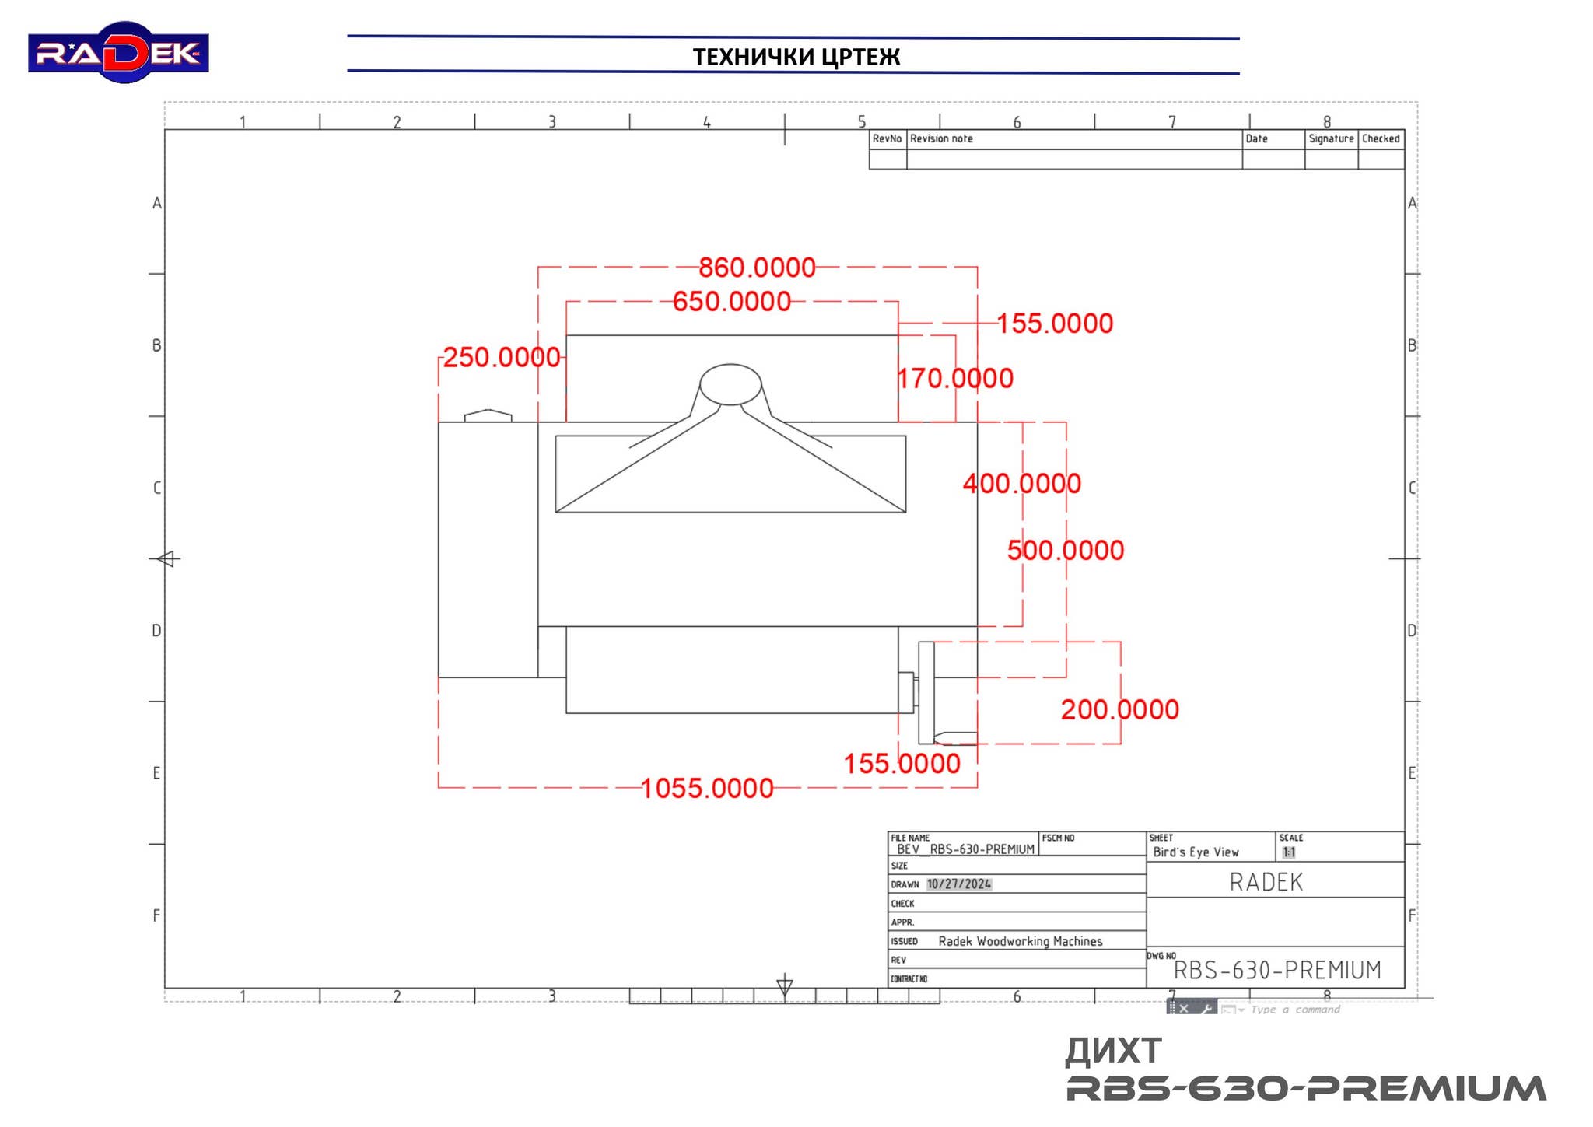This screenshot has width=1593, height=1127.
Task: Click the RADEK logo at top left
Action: coord(118,52)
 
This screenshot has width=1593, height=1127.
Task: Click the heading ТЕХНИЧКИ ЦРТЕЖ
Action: coord(796,57)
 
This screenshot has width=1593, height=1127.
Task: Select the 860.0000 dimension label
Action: coord(756,268)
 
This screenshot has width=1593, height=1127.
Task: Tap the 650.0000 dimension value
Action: coord(731,302)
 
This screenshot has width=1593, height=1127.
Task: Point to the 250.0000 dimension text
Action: coord(501,358)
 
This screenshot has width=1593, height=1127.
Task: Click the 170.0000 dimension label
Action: coord(955,379)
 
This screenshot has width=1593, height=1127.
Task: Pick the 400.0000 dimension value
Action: coord(1021,484)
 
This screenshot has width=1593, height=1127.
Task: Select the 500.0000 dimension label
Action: coord(1065,551)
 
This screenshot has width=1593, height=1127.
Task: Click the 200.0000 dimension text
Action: coord(1119,710)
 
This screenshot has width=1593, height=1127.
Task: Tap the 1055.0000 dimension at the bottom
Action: coord(706,789)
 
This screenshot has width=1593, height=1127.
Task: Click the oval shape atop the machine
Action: coord(730,384)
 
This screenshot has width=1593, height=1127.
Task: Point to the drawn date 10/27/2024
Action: coord(958,884)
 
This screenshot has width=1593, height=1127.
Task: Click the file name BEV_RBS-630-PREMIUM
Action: coord(965,849)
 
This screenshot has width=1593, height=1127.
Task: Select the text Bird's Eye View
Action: coord(1196,852)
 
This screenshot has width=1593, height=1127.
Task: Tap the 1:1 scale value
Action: coord(1289,852)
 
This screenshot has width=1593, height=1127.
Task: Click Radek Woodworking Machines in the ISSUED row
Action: coord(1020,941)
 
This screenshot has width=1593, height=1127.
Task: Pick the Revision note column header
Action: coord(941,138)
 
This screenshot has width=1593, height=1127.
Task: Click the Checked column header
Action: coord(1381,138)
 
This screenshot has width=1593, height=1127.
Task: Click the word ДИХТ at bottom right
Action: coord(1113,1052)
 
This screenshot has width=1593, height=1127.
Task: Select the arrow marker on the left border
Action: coord(167,558)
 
